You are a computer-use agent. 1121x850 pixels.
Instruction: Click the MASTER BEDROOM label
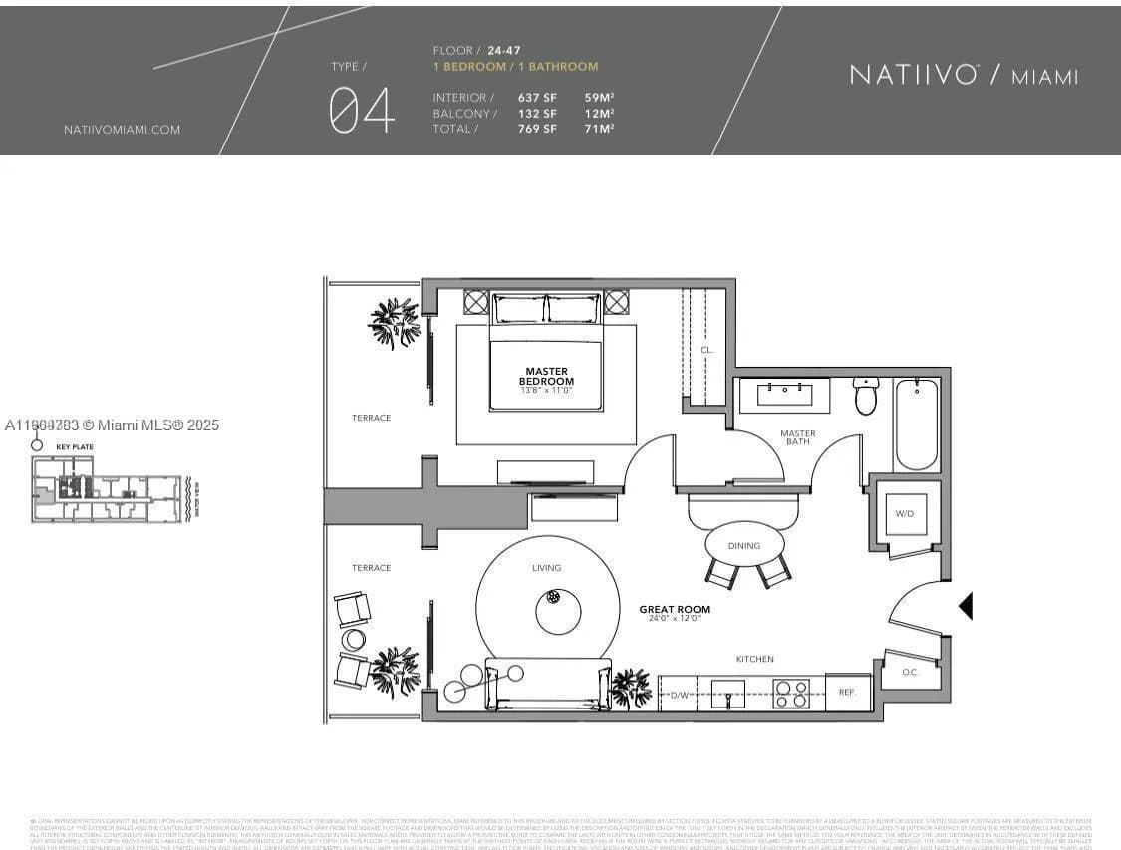546,377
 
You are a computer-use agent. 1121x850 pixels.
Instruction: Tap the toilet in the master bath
865,396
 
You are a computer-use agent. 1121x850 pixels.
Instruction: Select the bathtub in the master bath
916,424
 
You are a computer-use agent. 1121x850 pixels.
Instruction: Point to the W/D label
904,514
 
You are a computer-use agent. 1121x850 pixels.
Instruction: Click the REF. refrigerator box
847,691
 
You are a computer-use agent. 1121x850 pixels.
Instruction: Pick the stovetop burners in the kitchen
791,693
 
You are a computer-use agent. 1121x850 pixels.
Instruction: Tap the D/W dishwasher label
680,695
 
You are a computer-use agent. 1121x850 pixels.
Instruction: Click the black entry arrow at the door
965,605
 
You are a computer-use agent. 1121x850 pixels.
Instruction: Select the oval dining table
744,544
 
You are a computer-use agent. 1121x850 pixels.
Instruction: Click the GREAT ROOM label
675,609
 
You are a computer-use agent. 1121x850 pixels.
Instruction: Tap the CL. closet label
706,350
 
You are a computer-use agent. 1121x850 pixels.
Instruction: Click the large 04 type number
362,110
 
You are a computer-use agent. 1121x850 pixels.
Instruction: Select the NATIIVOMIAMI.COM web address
122,130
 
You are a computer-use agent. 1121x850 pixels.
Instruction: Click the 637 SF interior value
537,98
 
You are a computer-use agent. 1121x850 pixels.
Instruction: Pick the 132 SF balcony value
537,113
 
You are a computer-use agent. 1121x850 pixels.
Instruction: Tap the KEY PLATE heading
75,447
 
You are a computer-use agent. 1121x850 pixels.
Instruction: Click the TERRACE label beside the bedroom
371,418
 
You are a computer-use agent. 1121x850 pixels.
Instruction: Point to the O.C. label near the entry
909,672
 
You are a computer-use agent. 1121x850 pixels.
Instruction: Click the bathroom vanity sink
792,394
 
